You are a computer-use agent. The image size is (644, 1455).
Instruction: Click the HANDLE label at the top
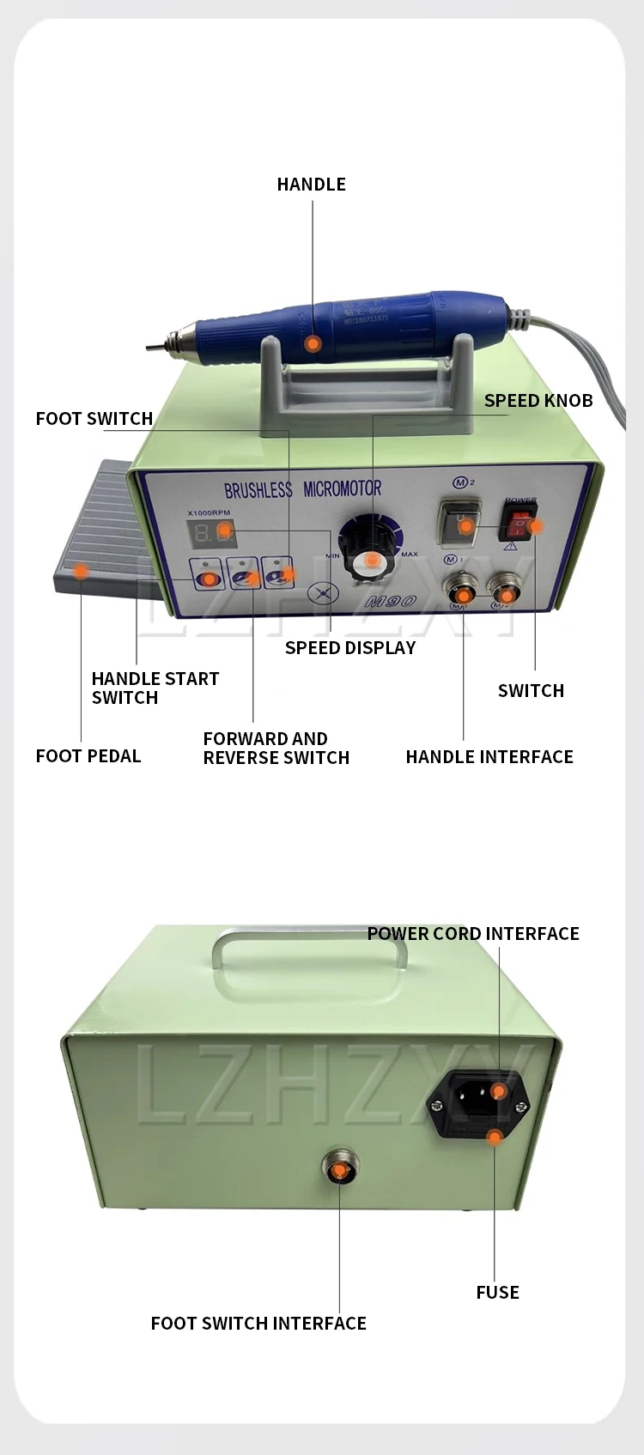click(311, 185)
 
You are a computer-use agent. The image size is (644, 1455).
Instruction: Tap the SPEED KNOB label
click(538, 401)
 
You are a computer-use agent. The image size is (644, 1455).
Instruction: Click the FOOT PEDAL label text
click(88, 756)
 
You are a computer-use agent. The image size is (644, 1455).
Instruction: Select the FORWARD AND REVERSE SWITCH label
click(276, 749)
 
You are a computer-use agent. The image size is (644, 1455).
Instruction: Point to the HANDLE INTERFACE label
click(489, 757)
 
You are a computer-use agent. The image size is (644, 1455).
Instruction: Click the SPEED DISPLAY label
click(349, 648)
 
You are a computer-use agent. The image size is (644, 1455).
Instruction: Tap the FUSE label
click(497, 1293)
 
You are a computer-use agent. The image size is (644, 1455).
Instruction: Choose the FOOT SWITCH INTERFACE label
click(258, 1324)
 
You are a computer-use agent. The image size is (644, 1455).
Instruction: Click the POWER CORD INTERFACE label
click(473, 934)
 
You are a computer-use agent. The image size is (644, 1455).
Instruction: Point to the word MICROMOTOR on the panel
click(343, 489)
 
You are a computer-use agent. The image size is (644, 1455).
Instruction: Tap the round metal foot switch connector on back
click(340, 1169)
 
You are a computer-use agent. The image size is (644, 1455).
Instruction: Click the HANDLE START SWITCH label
click(155, 688)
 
